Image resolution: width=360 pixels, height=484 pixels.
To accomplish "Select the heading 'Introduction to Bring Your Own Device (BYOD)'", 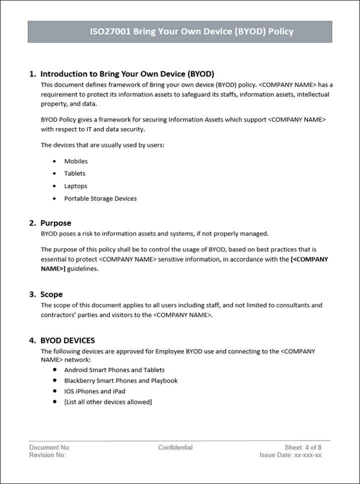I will [x=127, y=74].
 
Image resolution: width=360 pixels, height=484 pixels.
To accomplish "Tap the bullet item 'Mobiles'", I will [x=76, y=161].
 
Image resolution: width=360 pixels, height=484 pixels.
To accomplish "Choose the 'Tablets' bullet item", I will [x=75, y=173].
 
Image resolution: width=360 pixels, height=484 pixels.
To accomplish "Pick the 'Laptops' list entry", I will [x=76, y=186].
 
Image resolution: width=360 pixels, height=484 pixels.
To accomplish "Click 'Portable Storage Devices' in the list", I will [x=100, y=198].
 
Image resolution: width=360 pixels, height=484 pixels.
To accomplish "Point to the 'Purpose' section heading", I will [x=55, y=223].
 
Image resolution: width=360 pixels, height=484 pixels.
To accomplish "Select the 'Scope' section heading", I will [x=51, y=294].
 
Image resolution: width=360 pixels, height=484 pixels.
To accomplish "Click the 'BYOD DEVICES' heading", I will [x=67, y=341].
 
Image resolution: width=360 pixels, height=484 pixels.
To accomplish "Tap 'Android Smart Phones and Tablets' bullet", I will [x=114, y=370].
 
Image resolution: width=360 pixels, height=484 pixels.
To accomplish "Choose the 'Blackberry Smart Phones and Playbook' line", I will [x=121, y=381].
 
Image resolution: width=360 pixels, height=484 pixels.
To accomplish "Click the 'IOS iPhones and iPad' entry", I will [x=95, y=391].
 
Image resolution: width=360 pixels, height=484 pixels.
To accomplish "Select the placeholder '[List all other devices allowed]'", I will [x=108, y=402].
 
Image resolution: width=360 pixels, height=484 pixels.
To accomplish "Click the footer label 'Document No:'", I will [x=50, y=448].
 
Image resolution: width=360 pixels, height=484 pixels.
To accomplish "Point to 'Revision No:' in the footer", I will [x=47, y=455].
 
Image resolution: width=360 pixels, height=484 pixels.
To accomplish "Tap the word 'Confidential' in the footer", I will [x=175, y=448].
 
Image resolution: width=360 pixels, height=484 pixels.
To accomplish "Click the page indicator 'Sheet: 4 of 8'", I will [x=303, y=448].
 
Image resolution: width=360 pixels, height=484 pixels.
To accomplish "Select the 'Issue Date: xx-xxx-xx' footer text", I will [x=290, y=455].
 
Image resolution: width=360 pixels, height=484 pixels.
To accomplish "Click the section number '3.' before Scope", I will [x=32, y=294].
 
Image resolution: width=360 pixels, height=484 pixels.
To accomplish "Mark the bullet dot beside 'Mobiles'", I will [x=54, y=161].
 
